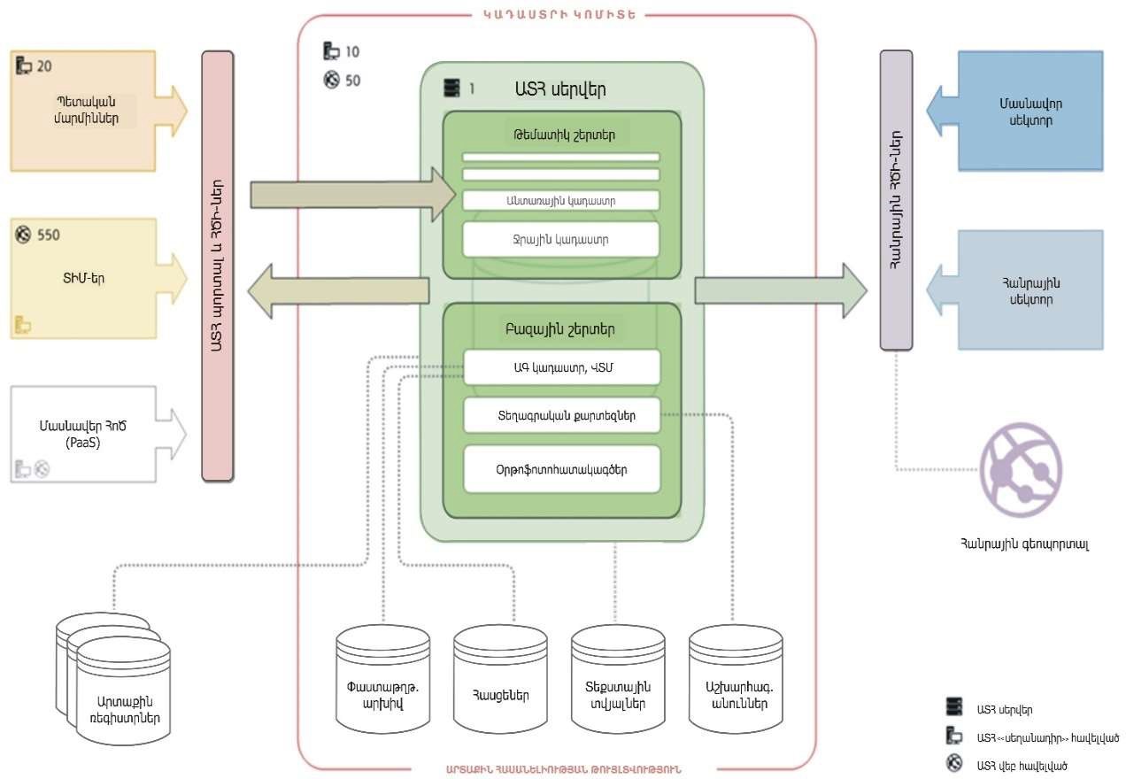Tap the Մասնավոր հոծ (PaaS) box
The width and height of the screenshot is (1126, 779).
(x=85, y=433)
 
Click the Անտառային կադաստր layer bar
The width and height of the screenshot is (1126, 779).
(x=560, y=201)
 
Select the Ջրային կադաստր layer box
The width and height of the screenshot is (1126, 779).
(x=560, y=239)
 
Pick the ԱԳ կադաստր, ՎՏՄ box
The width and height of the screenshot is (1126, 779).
(x=562, y=366)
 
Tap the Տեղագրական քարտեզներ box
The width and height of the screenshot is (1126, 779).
(x=562, y=414)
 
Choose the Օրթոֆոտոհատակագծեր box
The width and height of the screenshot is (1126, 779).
(x=562, y=469)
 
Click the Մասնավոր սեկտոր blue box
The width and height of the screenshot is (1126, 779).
(x=1030, y=110)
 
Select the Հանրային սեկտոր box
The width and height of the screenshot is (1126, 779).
(x=1030, y=290)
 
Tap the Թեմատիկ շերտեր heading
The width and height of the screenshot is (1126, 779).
(x=561, y=135)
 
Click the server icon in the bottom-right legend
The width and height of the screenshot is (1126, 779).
(x=953, y=706)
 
